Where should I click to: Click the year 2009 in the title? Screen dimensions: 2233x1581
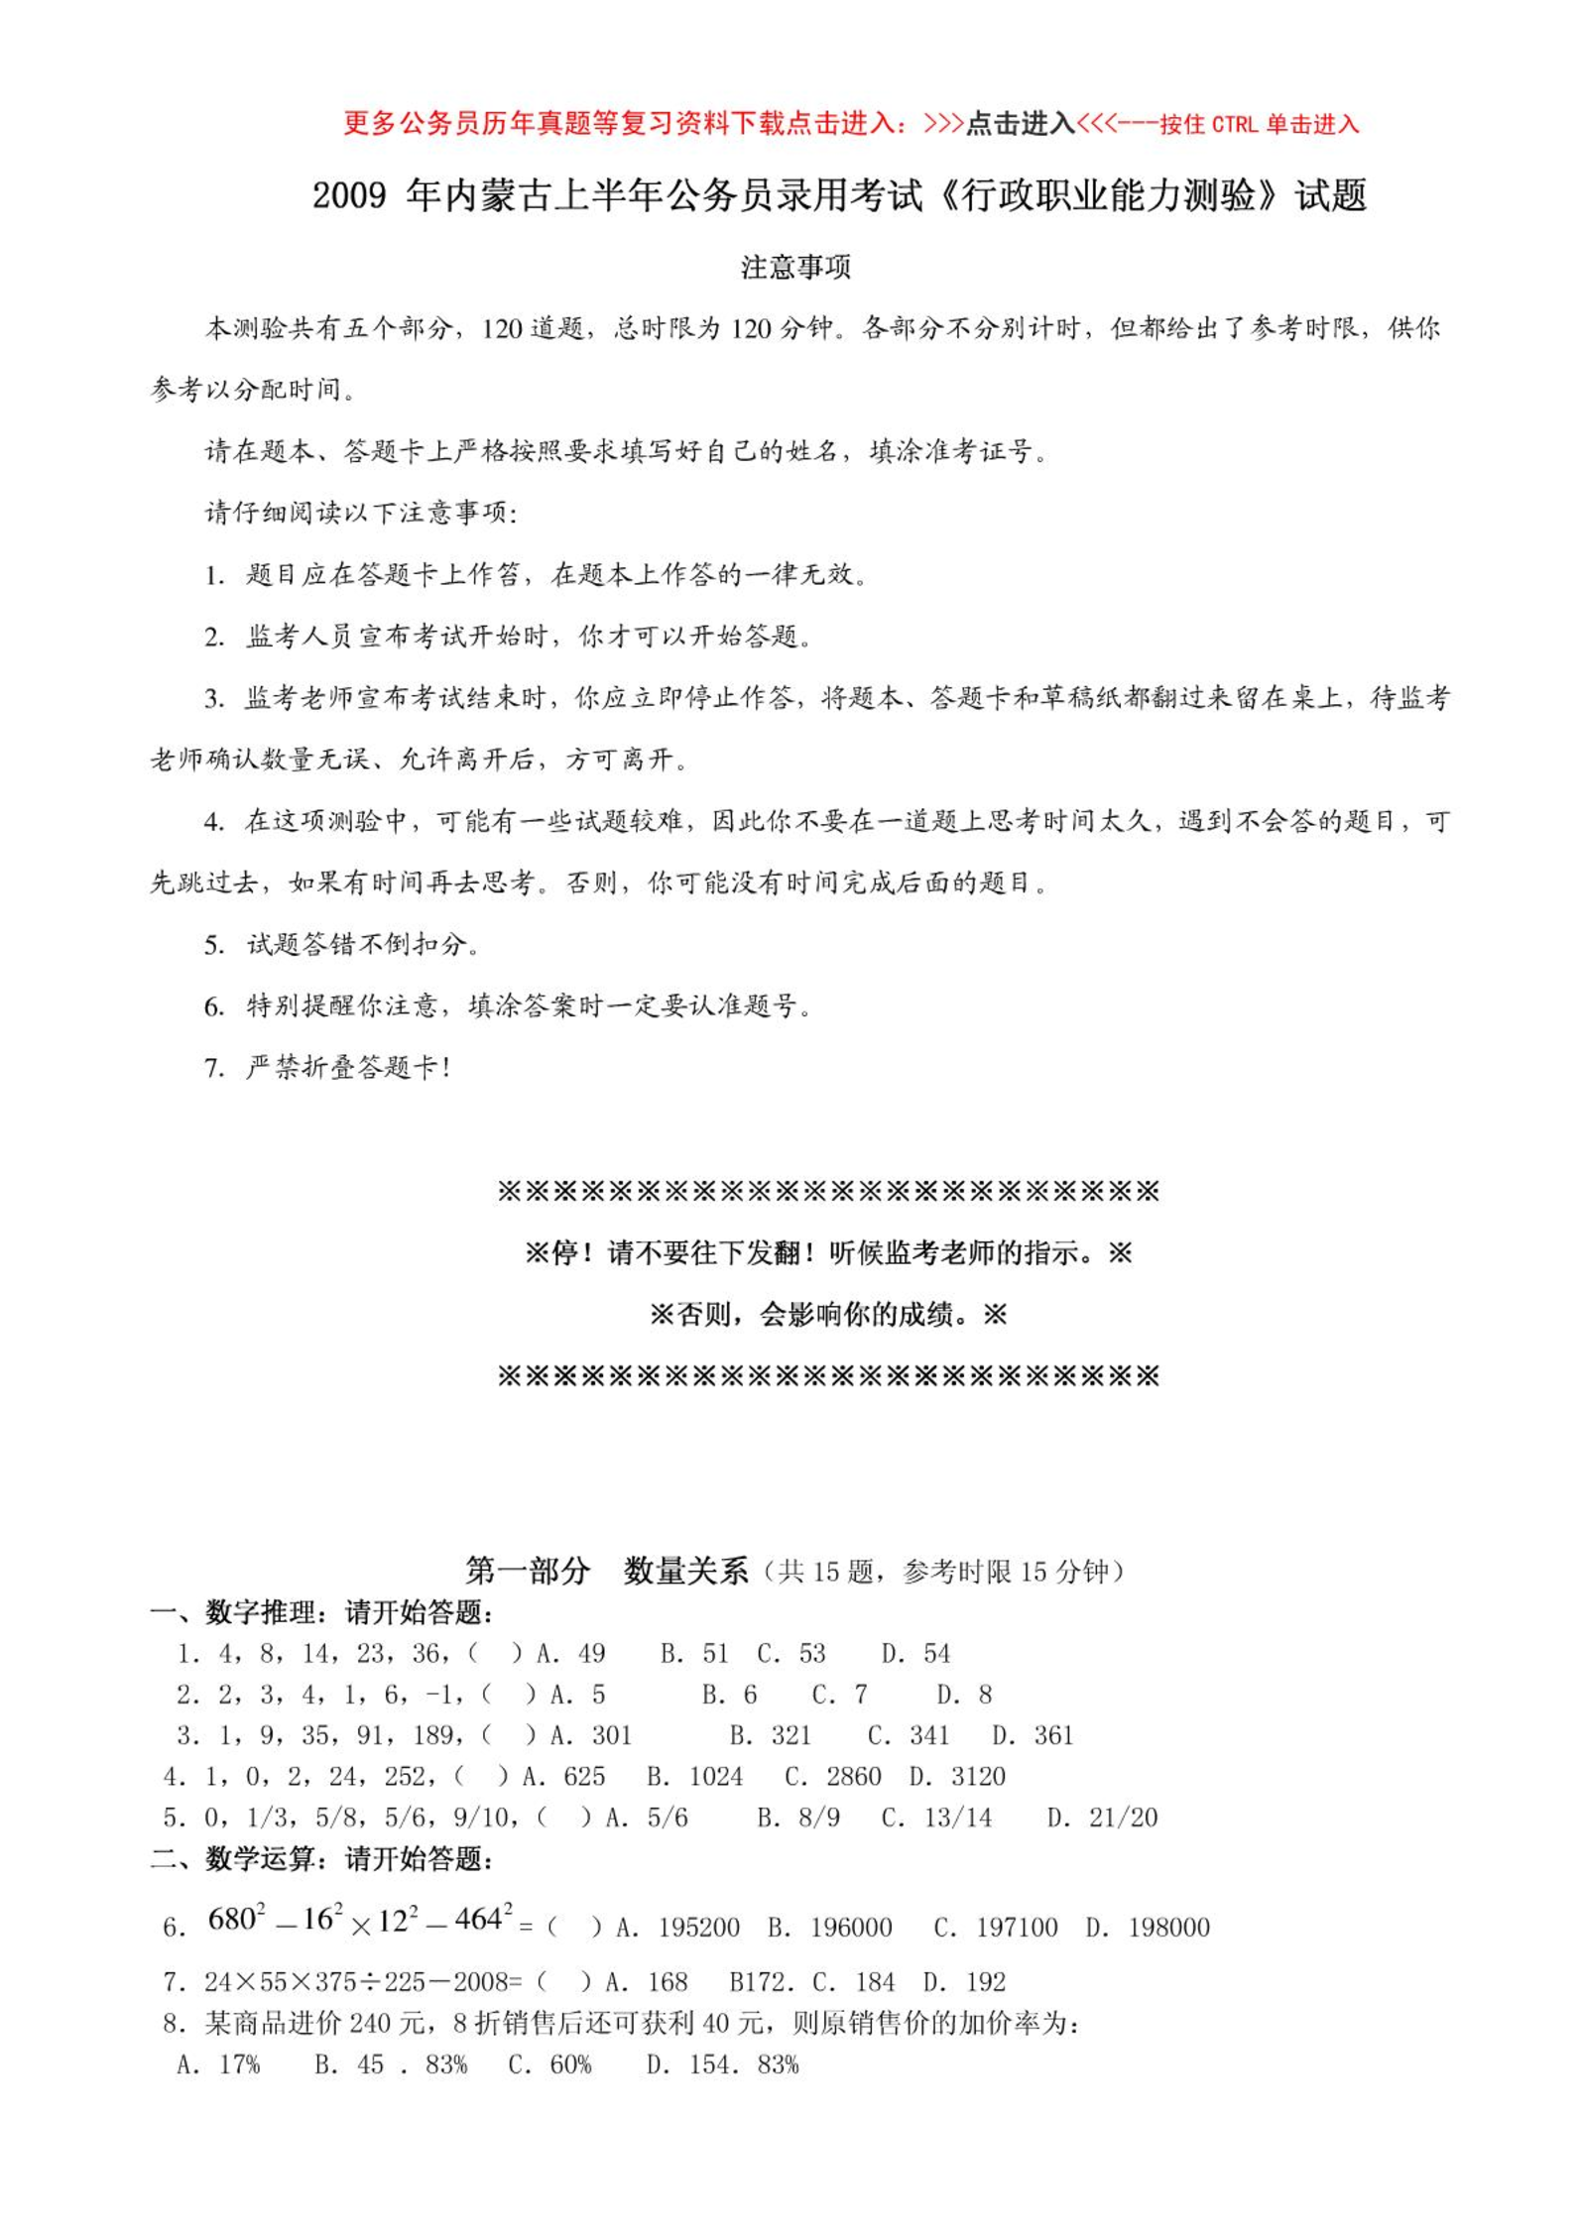click(x=349, y=195)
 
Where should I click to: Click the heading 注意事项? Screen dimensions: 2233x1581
click(x=795, y=268)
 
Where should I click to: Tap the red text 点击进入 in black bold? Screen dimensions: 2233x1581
click(x=1021, y=123)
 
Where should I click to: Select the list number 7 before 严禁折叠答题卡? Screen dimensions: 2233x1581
click(x=214, y=1068)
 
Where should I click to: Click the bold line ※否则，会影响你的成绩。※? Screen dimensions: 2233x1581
click(x=827, y=1315)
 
